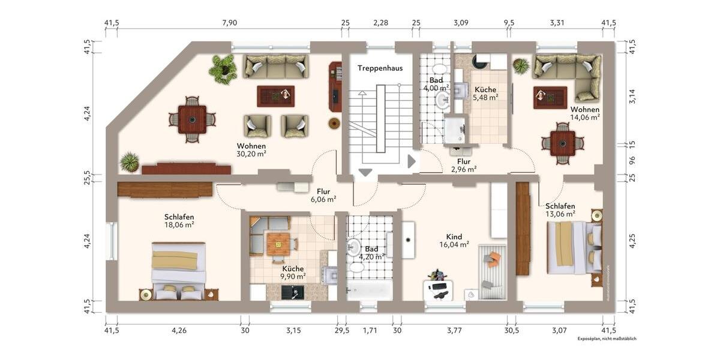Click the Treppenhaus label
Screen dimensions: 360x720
click(380, 68)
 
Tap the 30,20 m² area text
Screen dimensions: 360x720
click(251, 154)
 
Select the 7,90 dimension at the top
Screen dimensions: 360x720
click(230, 23)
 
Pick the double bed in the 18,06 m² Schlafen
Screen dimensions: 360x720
click(178, 269)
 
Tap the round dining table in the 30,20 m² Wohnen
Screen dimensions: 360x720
click(192, 119)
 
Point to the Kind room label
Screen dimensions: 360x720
click(454, 237)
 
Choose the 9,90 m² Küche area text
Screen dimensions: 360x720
click(293, 277)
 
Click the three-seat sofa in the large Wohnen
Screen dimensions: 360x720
click(276, 67)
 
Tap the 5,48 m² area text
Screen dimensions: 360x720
click(485, 97)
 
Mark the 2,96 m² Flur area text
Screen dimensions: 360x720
click(463, 169)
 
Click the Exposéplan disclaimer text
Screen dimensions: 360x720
click(607, 339)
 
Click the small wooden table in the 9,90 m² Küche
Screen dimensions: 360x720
click(278, 243)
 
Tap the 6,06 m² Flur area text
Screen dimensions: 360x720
click(323, 199)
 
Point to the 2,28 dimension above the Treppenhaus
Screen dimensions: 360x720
click(380, 23)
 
